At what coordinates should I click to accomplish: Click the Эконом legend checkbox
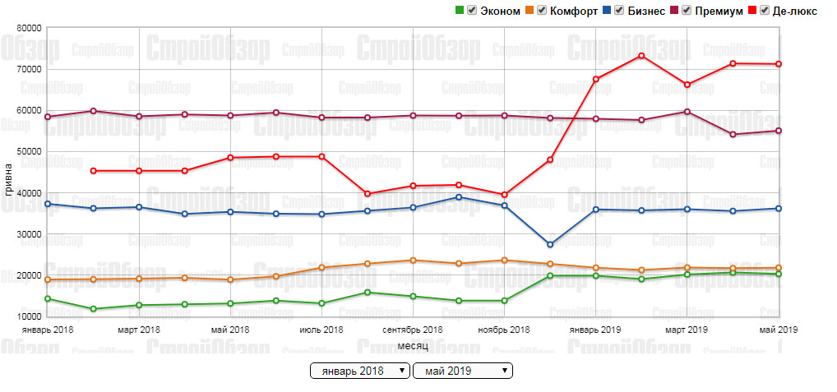[x=471, y=11]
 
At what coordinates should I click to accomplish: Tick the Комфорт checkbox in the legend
[x=541, y=11]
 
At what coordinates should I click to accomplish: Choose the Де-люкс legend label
[x=794, y=11]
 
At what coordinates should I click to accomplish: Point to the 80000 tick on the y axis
[x=29, y=28]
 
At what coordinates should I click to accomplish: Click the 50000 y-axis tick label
[x=29, y=152]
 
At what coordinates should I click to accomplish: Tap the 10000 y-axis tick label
[x=29, y=316]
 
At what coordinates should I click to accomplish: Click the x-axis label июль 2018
[x=321, y=330]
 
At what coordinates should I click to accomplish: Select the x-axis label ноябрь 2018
[x=503, y=330]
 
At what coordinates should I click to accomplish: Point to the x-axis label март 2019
[x=687, y=330]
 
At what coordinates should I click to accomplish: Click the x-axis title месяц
[x=413, y=346]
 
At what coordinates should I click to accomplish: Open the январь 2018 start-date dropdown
[x=360, y=371]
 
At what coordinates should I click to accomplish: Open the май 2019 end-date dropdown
[x=463, y=371]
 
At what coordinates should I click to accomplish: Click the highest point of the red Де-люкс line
[x=641, y=56]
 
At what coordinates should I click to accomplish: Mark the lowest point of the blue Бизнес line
[x=550, y=245]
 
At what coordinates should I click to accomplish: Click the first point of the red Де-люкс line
[x=94, y=171]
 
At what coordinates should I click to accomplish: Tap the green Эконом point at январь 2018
[x=48, y=298]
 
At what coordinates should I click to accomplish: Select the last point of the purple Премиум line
[x=778, y=131]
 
